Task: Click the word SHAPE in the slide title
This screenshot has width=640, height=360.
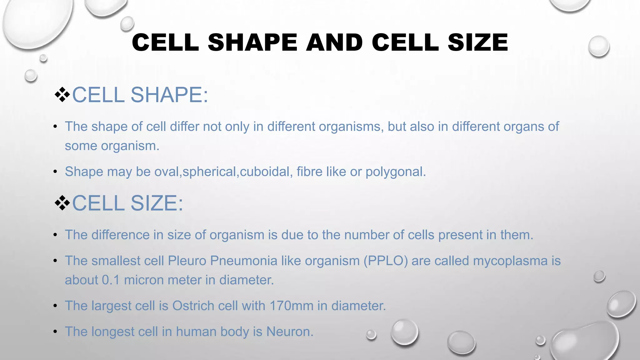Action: (x=252, y=42)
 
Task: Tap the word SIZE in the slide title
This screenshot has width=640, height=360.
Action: (x=478, y=42)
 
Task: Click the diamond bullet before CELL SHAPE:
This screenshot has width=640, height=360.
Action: (x=62, y=95)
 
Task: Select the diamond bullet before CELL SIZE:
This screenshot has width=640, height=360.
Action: (x=62, y=203)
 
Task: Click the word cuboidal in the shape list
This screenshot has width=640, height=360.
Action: (x=265, y=172)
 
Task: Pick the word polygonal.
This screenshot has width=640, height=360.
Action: (x=396, y=172)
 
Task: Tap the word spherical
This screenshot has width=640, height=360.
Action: (x=209, y=172)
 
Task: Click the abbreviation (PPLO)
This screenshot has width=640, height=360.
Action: (x=386, y=261)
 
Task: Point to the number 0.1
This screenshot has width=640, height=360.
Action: (x=111, y=280)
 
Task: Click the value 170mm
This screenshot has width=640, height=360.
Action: (x=291, y=306)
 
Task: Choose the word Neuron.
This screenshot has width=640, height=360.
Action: (x=290, y=332)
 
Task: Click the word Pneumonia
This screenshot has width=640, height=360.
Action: (x=243, y=261)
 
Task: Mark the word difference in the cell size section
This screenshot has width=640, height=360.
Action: (x=120, y=235)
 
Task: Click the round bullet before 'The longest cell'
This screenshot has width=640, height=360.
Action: (x=55, y=332)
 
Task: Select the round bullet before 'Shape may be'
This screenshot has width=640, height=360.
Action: (x=55, y=172)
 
